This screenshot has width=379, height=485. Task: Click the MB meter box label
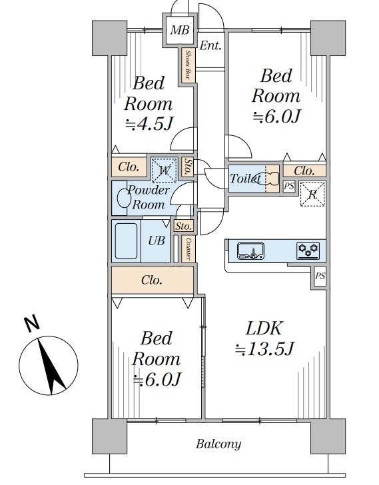pyautogui.click(x=180, y=30)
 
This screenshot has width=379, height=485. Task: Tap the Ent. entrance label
pyautogui.click(x=210, y=46)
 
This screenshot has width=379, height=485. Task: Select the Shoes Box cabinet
pyautogui.click(x=189, y=65)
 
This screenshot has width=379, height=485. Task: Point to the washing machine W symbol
pyautogui.click(x=164, y=170)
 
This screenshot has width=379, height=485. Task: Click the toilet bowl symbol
pyautogui.click(x=268, y=179)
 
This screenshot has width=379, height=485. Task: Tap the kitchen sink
pyautogui.click(x=250, y=250)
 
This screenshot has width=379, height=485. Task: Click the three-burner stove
pyautogui.click(x=308, y=250)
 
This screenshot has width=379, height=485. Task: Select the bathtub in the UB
pyautogui.click(x=126, y=241)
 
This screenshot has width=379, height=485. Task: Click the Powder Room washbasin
pyautogui.click(x=124, y=198)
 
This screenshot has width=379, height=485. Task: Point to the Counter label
pyautogui.click(x=189, y=249)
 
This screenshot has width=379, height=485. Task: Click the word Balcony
pyautogui.click(x=218, y=444)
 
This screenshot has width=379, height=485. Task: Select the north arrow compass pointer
pyautogui.click(x=51, y=366)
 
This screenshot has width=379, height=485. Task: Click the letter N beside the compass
pyautogui.click(x=31, y=324)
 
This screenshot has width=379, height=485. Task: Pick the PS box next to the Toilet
pyautogui.click(x=289, y=187)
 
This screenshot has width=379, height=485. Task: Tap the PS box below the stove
pyautogui.click(x=320, y=276)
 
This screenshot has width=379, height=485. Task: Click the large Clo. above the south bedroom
pyautogui.click(x=153, y=280)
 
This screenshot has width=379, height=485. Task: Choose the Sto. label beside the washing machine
pyautogui.click(x=187, y=167)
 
